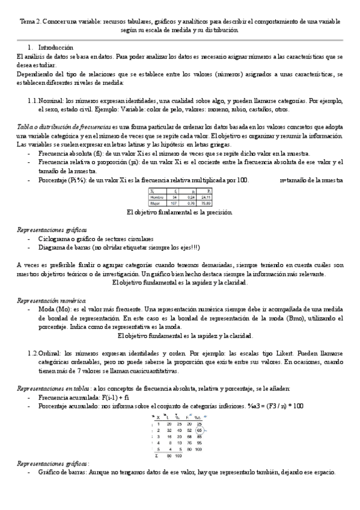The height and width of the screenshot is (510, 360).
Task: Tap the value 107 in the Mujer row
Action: (174, 202)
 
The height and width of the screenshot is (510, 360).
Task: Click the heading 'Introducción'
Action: (55, 47)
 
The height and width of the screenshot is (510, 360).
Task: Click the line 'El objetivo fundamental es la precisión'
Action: (180, 212)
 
